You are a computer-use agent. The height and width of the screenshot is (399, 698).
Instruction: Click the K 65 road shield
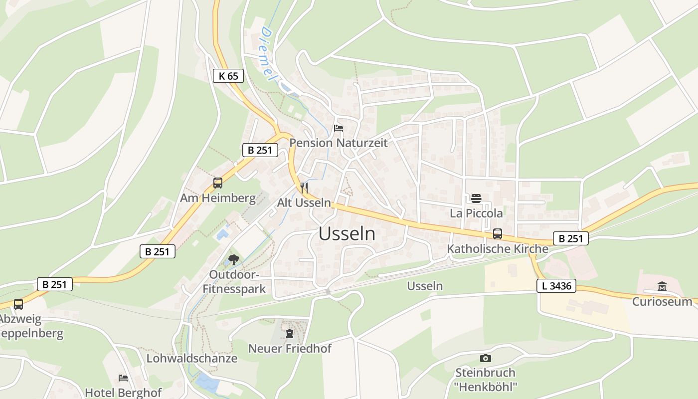pos(228,76)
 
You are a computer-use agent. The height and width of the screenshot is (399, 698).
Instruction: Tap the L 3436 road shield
pos(556,286)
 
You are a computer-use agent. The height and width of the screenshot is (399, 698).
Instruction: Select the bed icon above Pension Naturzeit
pos(339,128)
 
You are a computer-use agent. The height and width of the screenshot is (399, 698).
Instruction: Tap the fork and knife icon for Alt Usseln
pos(304,188)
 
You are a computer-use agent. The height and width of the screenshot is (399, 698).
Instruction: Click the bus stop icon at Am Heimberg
pos(218,183)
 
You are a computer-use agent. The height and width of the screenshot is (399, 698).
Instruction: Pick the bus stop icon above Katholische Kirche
pos(497,233)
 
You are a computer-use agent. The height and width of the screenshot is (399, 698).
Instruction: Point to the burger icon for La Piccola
pos(476,198)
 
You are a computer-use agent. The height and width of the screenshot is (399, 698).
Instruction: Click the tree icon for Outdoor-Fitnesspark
pos(233,259)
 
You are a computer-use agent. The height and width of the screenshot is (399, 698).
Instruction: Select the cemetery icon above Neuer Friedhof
pos(290,334)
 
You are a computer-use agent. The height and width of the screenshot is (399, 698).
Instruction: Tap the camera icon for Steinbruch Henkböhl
pos(485,358)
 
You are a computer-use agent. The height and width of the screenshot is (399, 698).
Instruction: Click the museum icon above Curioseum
pos(662,286)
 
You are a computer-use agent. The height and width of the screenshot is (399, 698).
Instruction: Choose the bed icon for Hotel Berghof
pos(123,378)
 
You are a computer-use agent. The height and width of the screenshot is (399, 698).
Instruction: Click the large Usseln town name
pos(347,234)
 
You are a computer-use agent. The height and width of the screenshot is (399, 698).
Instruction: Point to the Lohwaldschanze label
pos(192,358)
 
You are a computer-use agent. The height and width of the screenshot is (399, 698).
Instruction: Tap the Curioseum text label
pos(662,301)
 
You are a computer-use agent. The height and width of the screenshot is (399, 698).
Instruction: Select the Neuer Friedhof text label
pos(290,348)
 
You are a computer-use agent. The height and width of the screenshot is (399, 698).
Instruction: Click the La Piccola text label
pos(476,213)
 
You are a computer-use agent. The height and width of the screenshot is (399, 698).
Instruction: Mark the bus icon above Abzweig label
pos(18,304)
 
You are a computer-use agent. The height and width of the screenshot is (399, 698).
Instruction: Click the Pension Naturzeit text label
pos(339,143)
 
